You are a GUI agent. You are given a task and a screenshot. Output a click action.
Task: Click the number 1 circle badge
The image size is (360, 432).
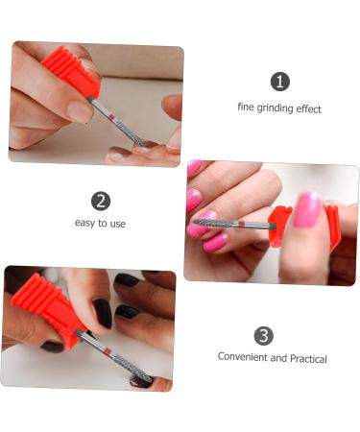pyautogui.click(x=279, y=82)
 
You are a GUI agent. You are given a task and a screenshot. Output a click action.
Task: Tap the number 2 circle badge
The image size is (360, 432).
pyautogui.click(x=101, y=201)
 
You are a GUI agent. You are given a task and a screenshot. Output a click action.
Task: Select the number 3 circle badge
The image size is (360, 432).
pyautogui.click(x=264, y=335)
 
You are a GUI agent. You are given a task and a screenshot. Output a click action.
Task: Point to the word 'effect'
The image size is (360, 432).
pyautogui.click(x=307, y=108)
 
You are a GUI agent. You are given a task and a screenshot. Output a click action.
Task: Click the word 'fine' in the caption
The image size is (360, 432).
pyautogui.click(x=247, y=108)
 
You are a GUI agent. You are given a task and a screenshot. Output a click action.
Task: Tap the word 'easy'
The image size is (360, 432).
pyautogui.click(x=85, y=224)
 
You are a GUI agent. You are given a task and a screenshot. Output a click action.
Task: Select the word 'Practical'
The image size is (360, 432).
pyautogui.click(x=307, y=358)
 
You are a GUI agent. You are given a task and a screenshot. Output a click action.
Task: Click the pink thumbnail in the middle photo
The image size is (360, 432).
pyautogui.click(x=307, y=208)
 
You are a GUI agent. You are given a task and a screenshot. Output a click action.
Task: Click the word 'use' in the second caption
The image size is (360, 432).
pyautogui.click(x=115, y=224)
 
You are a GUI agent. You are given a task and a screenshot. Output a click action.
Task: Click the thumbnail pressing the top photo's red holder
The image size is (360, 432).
pyautogui.click(x=79, y=110)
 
